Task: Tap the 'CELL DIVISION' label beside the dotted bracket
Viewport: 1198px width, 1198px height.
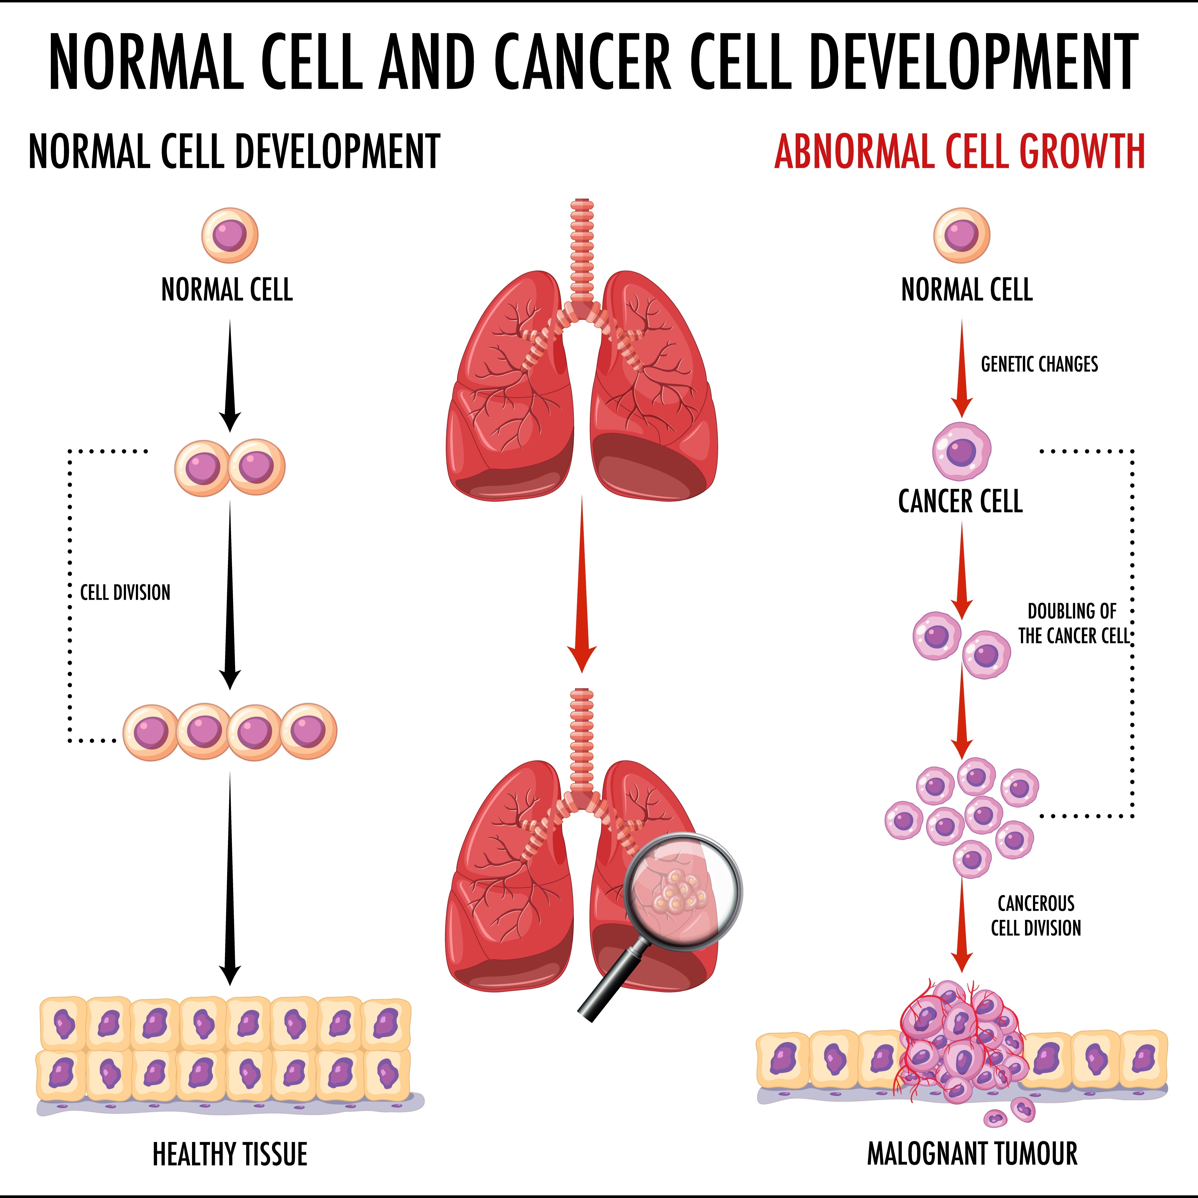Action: tap(125, 593)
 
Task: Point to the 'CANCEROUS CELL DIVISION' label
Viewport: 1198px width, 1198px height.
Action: tap(1036, 915)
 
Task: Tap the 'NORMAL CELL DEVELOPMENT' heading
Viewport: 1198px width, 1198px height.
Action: tap(234, 152)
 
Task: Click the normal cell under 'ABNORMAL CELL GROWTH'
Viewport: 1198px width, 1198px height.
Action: tap(962, 235)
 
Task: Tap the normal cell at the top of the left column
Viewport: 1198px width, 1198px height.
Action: tap(229, 235)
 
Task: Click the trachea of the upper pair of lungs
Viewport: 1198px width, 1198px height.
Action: tap(582, 248)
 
